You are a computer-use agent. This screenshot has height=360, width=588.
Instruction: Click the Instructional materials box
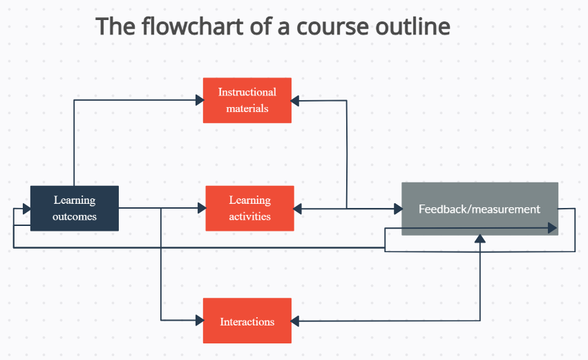(247, 100)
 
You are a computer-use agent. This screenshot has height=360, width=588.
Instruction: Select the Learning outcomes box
(75, 208)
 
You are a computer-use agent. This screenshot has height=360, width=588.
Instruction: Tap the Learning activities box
(249, 208)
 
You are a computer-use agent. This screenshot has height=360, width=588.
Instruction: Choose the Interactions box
(247, 321)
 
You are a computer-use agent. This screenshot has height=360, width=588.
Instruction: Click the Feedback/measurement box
(480, 209)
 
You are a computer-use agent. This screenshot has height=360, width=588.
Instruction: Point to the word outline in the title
(413, 26)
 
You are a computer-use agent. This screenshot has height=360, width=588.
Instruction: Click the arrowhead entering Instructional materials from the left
(200, 100)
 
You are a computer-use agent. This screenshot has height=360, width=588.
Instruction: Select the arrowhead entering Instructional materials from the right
(295, 100)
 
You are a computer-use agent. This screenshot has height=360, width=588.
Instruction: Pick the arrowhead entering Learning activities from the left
(202, 208)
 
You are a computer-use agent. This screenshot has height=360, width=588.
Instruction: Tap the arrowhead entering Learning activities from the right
(298, 209)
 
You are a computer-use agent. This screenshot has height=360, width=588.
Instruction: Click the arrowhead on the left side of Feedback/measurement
(398, 209)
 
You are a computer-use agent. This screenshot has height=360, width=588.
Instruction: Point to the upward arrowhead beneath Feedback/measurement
(480, 239)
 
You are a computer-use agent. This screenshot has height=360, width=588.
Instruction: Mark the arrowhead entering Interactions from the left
(200, 320)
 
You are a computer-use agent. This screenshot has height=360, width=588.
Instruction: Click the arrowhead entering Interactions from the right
(295, 321)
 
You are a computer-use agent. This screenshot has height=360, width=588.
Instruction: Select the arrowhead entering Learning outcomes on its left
(27, 209)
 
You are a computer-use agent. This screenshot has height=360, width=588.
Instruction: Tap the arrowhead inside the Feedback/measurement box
(552, 228)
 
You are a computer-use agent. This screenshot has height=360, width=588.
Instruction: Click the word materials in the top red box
(247, 108)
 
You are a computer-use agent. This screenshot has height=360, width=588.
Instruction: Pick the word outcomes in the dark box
(75, 217)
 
